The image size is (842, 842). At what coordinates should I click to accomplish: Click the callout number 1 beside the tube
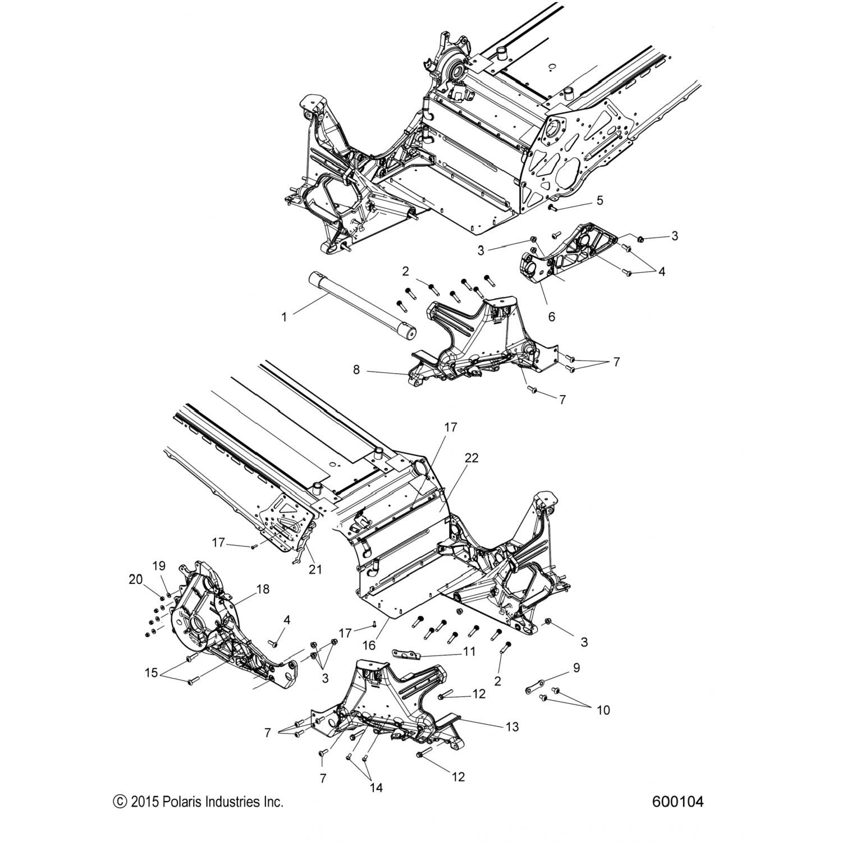coord(284,317)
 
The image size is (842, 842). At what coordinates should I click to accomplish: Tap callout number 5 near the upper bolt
coord(600,200)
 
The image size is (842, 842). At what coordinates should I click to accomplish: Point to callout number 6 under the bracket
coord(552,317)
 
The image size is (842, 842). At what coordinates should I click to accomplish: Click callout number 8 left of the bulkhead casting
coord(371,370)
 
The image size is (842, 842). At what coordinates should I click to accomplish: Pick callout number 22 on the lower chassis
coord(472,458)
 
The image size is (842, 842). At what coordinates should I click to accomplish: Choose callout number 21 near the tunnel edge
coord(315,569)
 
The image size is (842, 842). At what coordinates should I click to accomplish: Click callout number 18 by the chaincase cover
coord(263,589)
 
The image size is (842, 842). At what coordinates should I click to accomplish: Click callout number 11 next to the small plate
coord(469,652)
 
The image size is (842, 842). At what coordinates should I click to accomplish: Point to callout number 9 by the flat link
coord(576,668)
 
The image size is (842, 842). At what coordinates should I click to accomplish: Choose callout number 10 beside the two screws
coord(603,710)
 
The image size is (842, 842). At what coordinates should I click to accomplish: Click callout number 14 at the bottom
coord(376,788)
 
